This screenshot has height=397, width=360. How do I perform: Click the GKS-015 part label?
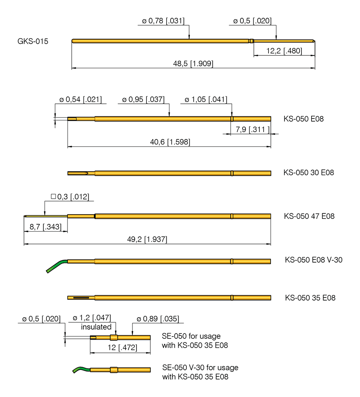33,41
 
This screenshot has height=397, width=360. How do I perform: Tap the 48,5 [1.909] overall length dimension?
193,64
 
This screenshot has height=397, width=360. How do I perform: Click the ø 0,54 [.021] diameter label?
81,100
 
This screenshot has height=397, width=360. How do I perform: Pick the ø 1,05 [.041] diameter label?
206,100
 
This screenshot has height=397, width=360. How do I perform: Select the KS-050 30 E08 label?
308,173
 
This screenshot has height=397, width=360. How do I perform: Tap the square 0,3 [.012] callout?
70,197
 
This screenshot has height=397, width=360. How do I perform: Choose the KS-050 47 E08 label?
309,216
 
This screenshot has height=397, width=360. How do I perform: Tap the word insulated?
96,327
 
